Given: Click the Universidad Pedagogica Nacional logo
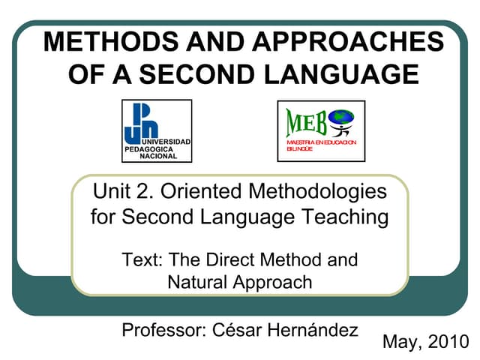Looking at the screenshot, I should (x=156, y=130).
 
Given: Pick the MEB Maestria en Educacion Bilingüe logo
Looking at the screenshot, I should (x=320, y=130).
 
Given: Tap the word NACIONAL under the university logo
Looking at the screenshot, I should (x=158, y=157).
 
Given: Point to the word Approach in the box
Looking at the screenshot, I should (x=272, y=282).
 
